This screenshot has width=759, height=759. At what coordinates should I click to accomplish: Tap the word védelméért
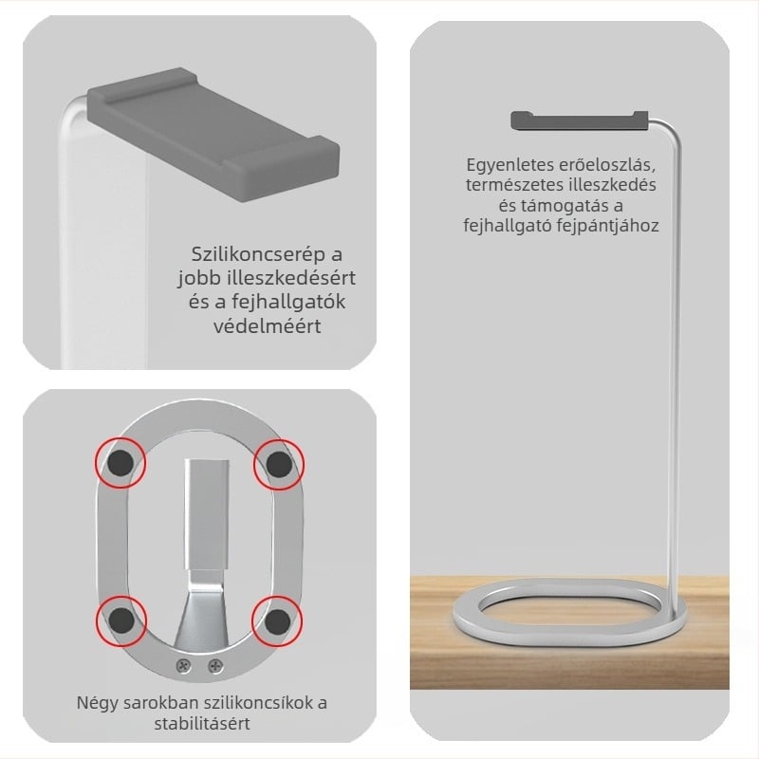pyautogui.click(x=268, y=325)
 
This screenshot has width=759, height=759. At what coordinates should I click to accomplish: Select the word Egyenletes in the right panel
pyautogui.click(x=510, y=165)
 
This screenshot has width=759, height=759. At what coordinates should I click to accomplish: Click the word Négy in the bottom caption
pyautogui.click(x=97, y=703)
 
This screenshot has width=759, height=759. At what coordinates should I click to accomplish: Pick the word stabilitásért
pyautogui.click(x=202, y=724)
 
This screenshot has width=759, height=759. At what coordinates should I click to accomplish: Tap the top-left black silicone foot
pyautogui.click(x=120, y=463)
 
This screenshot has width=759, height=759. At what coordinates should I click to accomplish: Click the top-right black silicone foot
pyautogui.click(x=279, y=464)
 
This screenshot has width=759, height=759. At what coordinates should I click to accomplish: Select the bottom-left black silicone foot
pyautogui.click(x=121, y=621)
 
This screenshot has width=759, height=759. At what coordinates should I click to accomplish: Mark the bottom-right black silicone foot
pyautogui.click(x=277, y=621)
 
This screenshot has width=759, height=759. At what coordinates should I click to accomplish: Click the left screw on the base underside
pyautogui.click(x=183, y=666)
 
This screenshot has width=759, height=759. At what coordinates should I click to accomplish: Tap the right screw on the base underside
pyautogui.click(x=215, y=667)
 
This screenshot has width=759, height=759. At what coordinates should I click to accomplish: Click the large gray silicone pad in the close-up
pyautogui.click(x=213, y=133)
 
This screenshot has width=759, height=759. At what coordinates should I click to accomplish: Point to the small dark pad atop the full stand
pyautogui.click(x=580, y=120)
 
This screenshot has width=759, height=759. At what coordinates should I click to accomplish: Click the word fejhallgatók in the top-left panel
pyautogui.click(x=288, y=302)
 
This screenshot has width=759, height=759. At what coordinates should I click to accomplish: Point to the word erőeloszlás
pyautogui.click(x=607, y=165)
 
